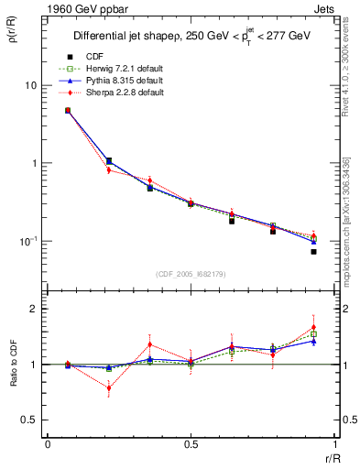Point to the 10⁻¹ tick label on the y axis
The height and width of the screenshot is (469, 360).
tap(28, 241)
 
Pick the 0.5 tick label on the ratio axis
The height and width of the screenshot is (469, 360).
tap(28, 420)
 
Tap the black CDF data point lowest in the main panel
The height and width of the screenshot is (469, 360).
tap(313, 251)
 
